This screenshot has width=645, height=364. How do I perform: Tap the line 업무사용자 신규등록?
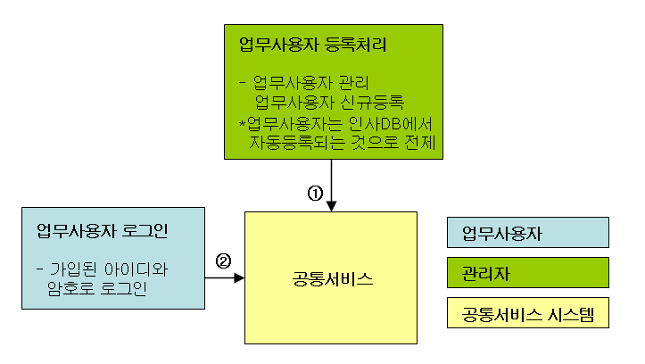pyautogui.click(x=329, y=101)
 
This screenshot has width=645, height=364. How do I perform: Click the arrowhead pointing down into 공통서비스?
pyautogui.click(x=331, y=206)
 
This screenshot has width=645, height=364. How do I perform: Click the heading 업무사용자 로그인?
pyautogui.click(x=103, y=232)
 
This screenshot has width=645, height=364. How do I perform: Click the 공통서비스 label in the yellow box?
pyautogui.click(x=331, y=279)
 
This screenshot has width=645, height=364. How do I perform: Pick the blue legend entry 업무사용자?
pyautogui.click(x=501, y=235)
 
